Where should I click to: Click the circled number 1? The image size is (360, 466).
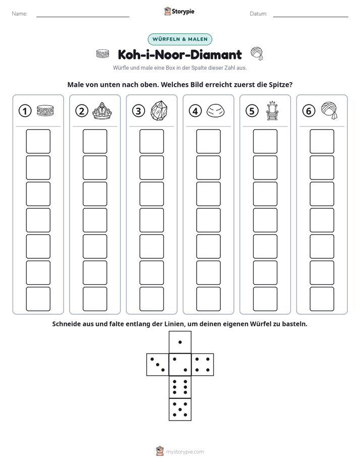(25, 111)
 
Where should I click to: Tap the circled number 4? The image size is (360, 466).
(195, 111)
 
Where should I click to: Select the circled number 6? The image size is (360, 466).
(309, 111)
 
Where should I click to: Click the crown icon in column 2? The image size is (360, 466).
(102, 111)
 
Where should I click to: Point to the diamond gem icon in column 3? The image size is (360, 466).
(159, 110)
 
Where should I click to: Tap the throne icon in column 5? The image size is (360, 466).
(272, 111)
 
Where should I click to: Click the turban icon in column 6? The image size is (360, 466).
(329, 110)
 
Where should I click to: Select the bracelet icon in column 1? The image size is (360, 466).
(45, 110)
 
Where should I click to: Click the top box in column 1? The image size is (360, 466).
(38, 141)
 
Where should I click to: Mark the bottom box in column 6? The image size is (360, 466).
(322, 299)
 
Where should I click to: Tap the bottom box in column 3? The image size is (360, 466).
(151, 299)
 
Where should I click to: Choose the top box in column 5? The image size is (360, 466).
(265, 141)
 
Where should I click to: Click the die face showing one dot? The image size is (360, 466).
(180, 342)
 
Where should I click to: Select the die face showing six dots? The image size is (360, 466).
(180, 387)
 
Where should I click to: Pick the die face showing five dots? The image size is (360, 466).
(180, 410)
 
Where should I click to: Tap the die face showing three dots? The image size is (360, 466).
(158, 364)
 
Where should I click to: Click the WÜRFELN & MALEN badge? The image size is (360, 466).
(180, 39)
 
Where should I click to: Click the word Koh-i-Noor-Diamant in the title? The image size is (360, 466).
(179, 54)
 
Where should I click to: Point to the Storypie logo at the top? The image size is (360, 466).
(179, 11)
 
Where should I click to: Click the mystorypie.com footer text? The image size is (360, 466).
(185, 452)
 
